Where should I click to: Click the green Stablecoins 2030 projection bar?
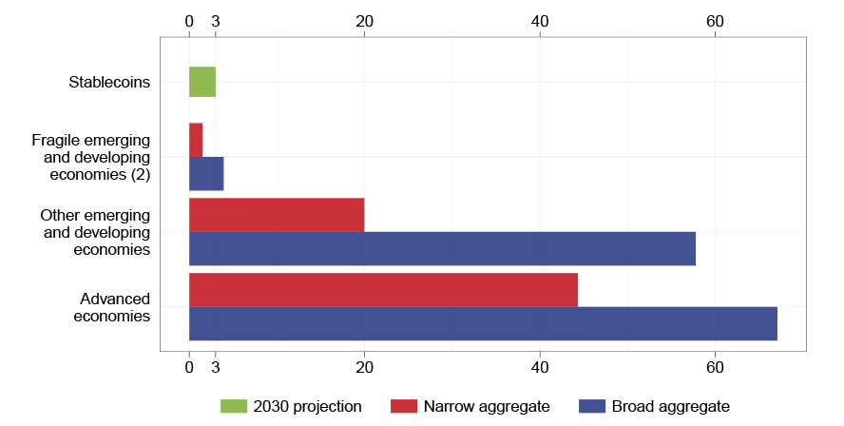coord(202,82)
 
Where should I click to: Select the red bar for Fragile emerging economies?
coord(196,140)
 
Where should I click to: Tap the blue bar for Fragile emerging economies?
coord(206,174)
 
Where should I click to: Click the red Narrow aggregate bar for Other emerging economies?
coord(277,215)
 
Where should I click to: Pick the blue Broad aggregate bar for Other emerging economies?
coord(442,248)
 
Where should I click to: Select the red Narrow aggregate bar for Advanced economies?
coord(383,290)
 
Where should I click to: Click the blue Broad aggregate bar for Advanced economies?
coord(483,323)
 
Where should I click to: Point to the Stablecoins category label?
coord(109,82)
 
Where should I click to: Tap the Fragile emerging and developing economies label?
coord(91,157)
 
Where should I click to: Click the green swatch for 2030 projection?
coord(233,407)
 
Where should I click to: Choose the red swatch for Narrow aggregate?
coord(404,407)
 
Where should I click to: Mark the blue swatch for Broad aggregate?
coord(592,407)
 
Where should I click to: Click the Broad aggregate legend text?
coord(670,407)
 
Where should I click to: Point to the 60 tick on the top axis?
coord(715,21)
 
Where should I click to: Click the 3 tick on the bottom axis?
coord(216,367)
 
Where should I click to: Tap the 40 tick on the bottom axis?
coord(540,367)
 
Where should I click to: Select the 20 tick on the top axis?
coord(364,21)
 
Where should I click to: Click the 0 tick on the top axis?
coord(189,21)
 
